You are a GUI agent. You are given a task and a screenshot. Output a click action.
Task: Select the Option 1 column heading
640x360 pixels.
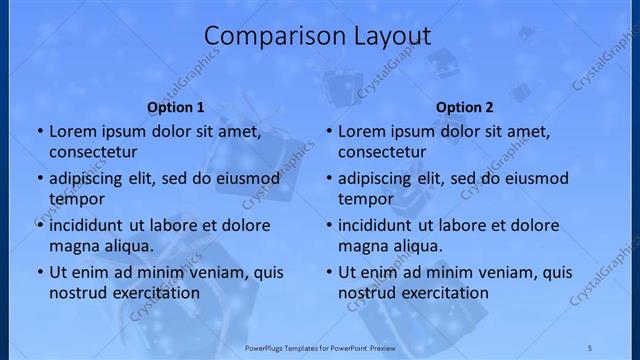pyautogui.click(x=176, y=107)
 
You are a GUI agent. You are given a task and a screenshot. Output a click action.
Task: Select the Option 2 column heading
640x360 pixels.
pyautogui.click(x=465, y=107)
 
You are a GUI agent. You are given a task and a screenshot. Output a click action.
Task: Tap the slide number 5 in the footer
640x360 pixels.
pyautogui.click(x=590, y=346)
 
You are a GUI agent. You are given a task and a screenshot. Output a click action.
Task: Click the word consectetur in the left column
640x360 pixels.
pyautogui.click(x=94, y=152)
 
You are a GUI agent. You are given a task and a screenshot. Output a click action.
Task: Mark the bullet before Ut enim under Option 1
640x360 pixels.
pyautogui.click(x=39, y=272)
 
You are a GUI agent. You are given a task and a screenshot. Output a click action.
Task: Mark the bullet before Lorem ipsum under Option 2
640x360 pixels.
pyautogui.click(x=328, y=131)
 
